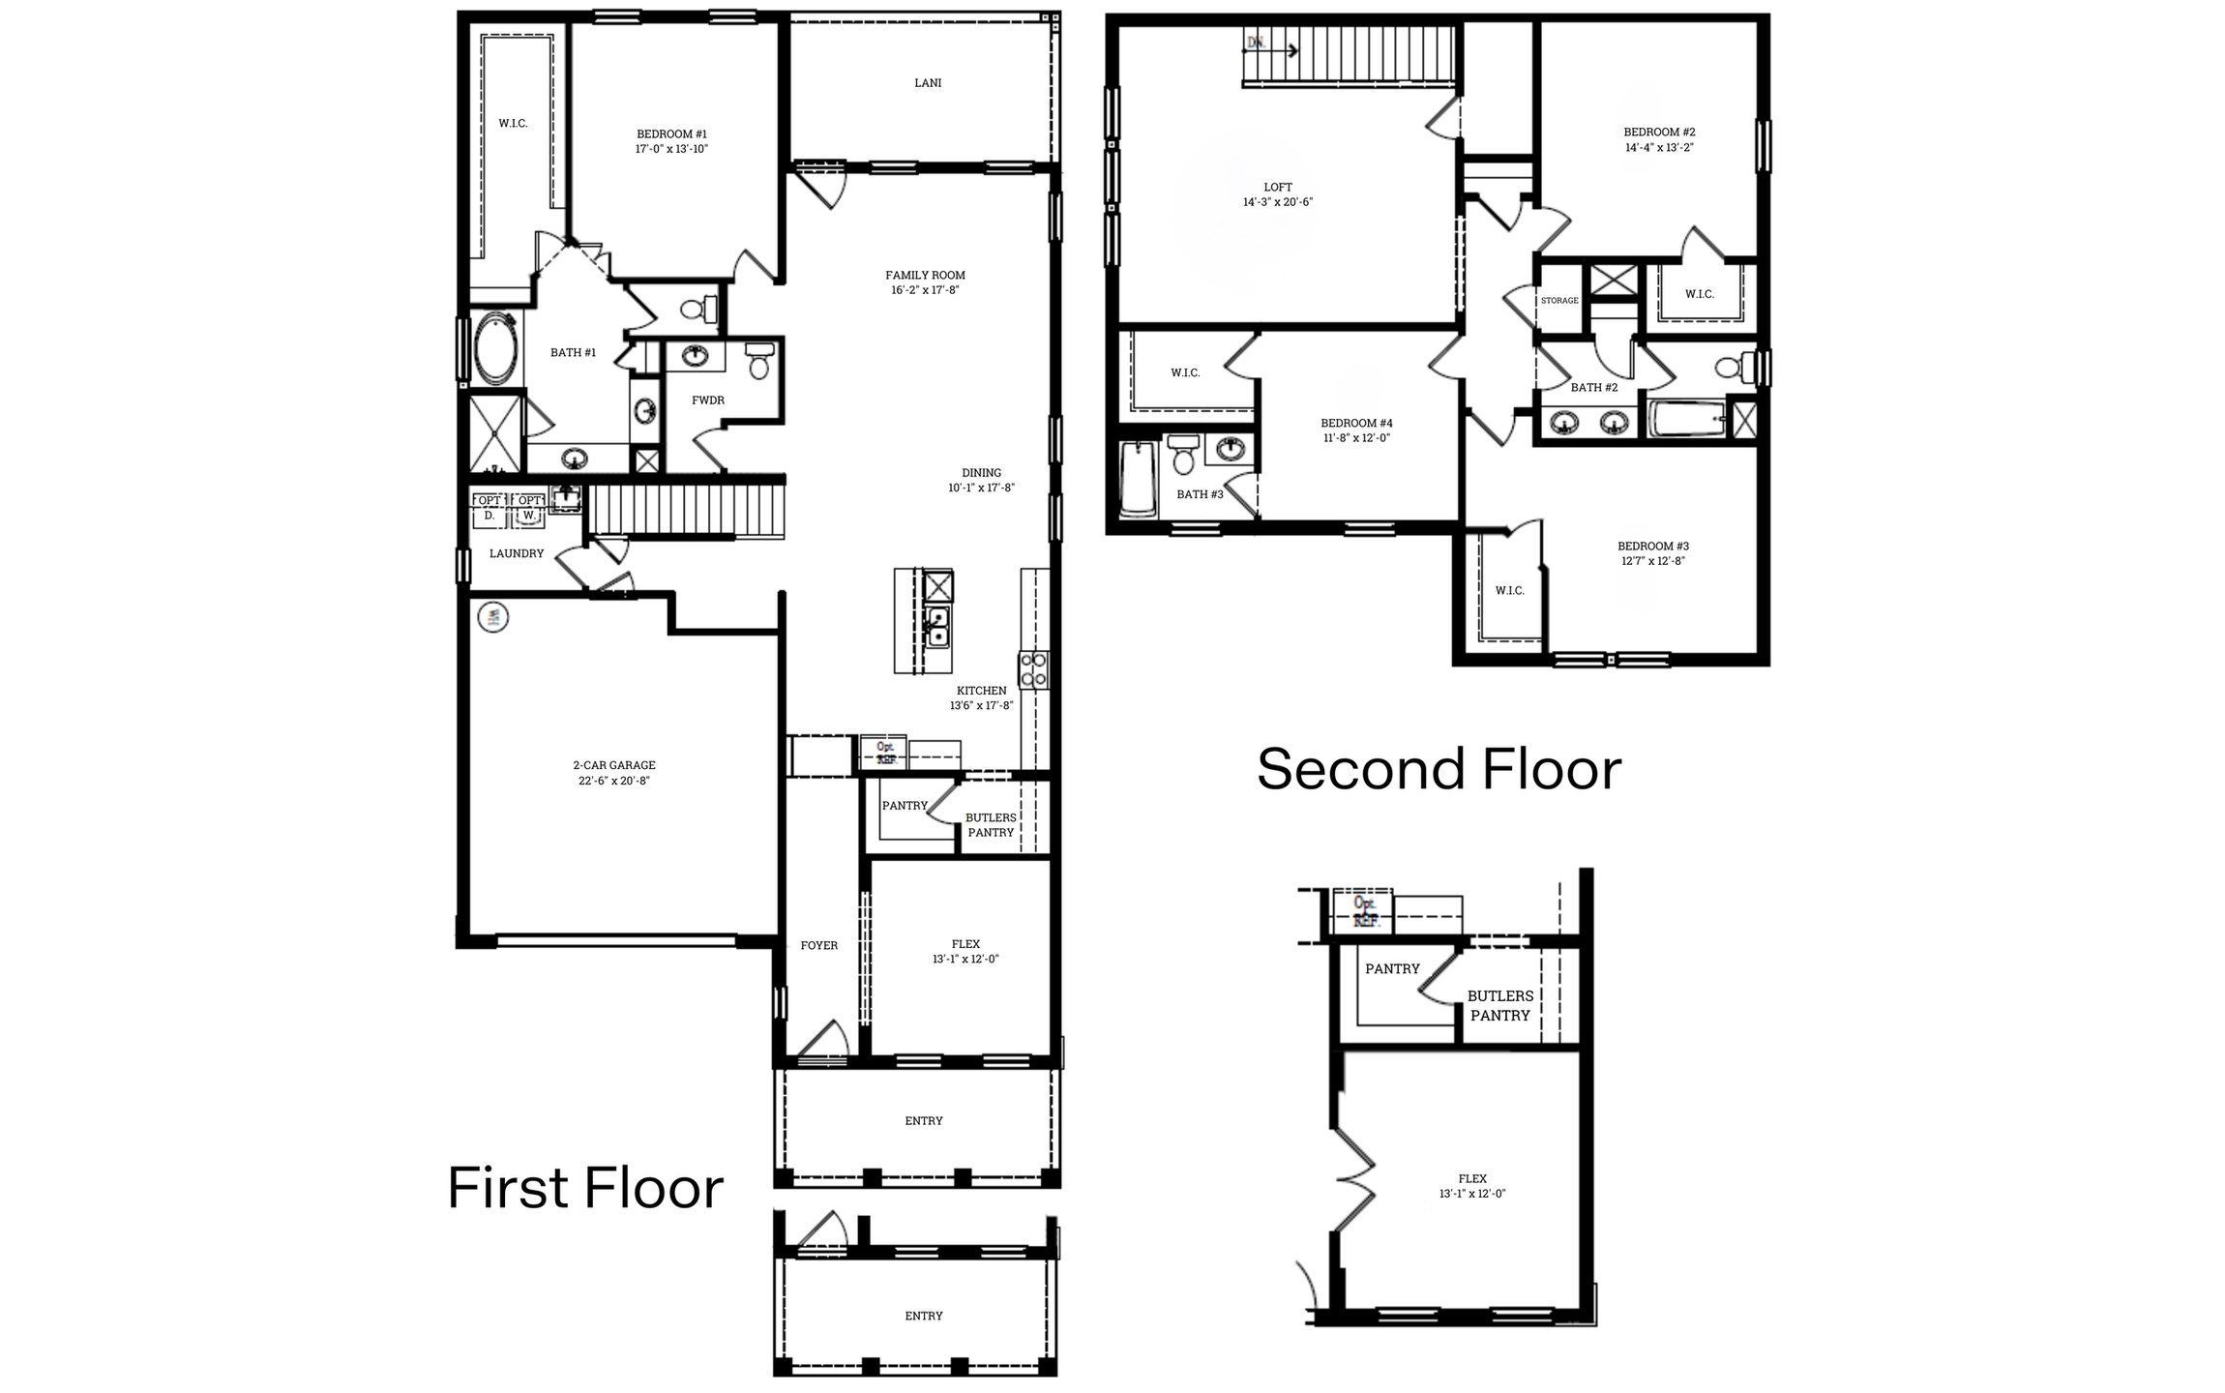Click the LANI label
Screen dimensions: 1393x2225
click(x=927, y=83)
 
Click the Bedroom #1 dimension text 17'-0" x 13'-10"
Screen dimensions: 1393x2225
click(x=671, y=150)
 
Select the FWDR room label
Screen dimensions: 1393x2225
click(x=707, y=400)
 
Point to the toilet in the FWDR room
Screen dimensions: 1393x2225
click(x=759, y=361)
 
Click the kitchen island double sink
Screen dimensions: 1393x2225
click(x=936, y=627)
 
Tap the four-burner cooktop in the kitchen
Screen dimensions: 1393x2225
click(x=1033, y=669)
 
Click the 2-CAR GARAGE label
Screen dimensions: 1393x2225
click(x=613, y=766)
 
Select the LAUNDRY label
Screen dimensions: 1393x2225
click(x=516, y=554)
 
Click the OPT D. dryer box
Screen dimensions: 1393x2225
click(x=489, y=509)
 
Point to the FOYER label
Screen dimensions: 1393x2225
click(x=818, y=946)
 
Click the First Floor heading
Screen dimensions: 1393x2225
click(x=585, y=1189)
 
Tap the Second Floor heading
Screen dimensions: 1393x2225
click(x=1439, y=770)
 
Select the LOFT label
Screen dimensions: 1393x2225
click(x=1277, y=188)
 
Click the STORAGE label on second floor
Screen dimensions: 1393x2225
click(x=1558, y=301)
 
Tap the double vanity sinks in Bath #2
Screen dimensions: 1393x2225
click(x=1587, y=423)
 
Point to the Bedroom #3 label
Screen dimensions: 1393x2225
click(x=1653, y=547)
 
